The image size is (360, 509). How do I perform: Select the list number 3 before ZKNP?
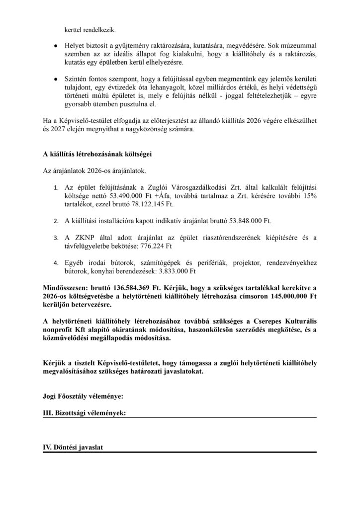click(55, 237)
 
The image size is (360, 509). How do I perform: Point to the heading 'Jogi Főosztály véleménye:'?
click(83, 396)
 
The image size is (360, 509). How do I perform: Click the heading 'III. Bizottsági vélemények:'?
click(84, 413)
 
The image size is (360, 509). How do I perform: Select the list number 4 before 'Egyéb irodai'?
click(55, 263)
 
